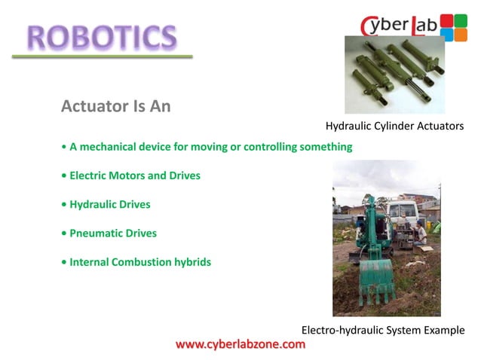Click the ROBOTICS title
(x=102, y=35)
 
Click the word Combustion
(x=150, y=262)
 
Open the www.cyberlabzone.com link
(x=240, y=344)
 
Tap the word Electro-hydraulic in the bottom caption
(x=343, y=330)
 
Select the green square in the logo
(x=461, y=20)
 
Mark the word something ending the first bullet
(x=326, y=147)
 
